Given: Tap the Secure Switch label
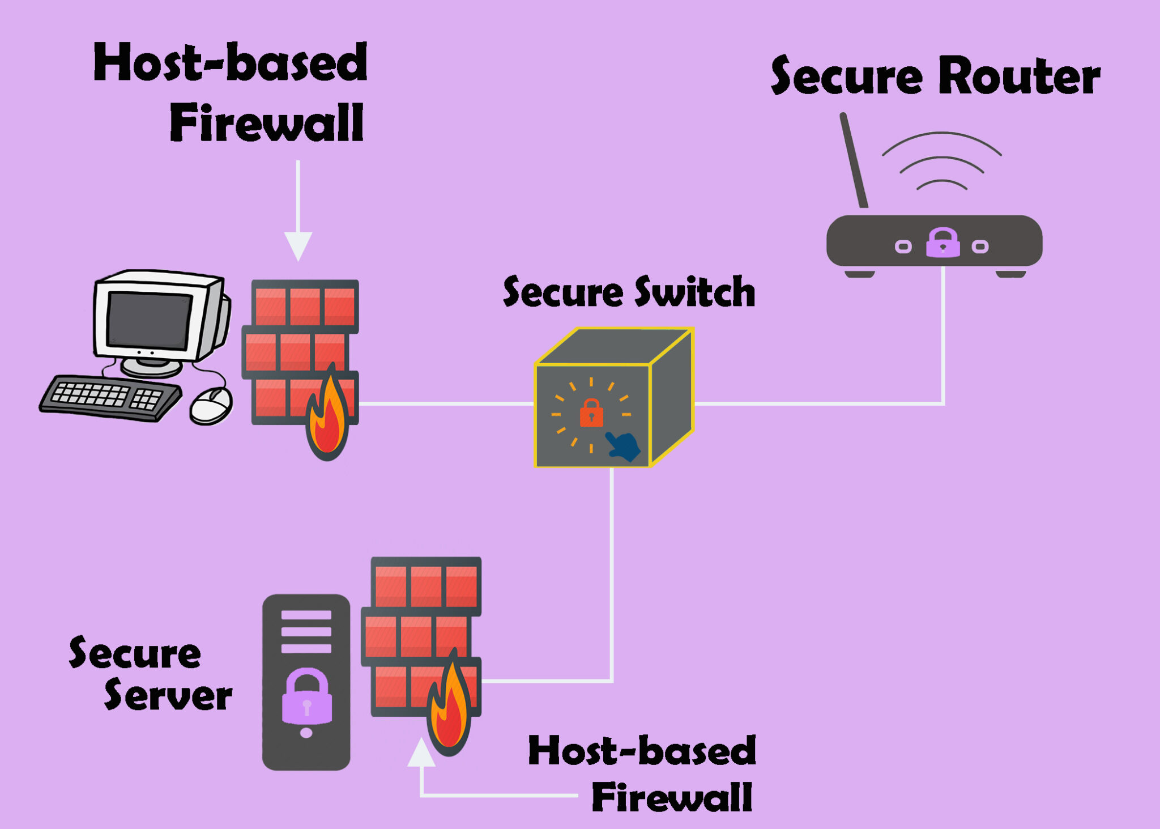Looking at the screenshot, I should [629, 292].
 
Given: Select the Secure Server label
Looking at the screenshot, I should [150, 674].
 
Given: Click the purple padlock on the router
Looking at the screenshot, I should [942, 243].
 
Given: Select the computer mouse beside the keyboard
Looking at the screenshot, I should [211, 405].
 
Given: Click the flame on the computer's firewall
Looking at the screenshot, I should [327, 419].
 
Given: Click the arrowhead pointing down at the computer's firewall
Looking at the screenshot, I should [298, 245].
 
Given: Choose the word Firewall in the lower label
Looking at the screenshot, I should [672, 797].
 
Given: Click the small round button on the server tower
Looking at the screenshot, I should [306, 733].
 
